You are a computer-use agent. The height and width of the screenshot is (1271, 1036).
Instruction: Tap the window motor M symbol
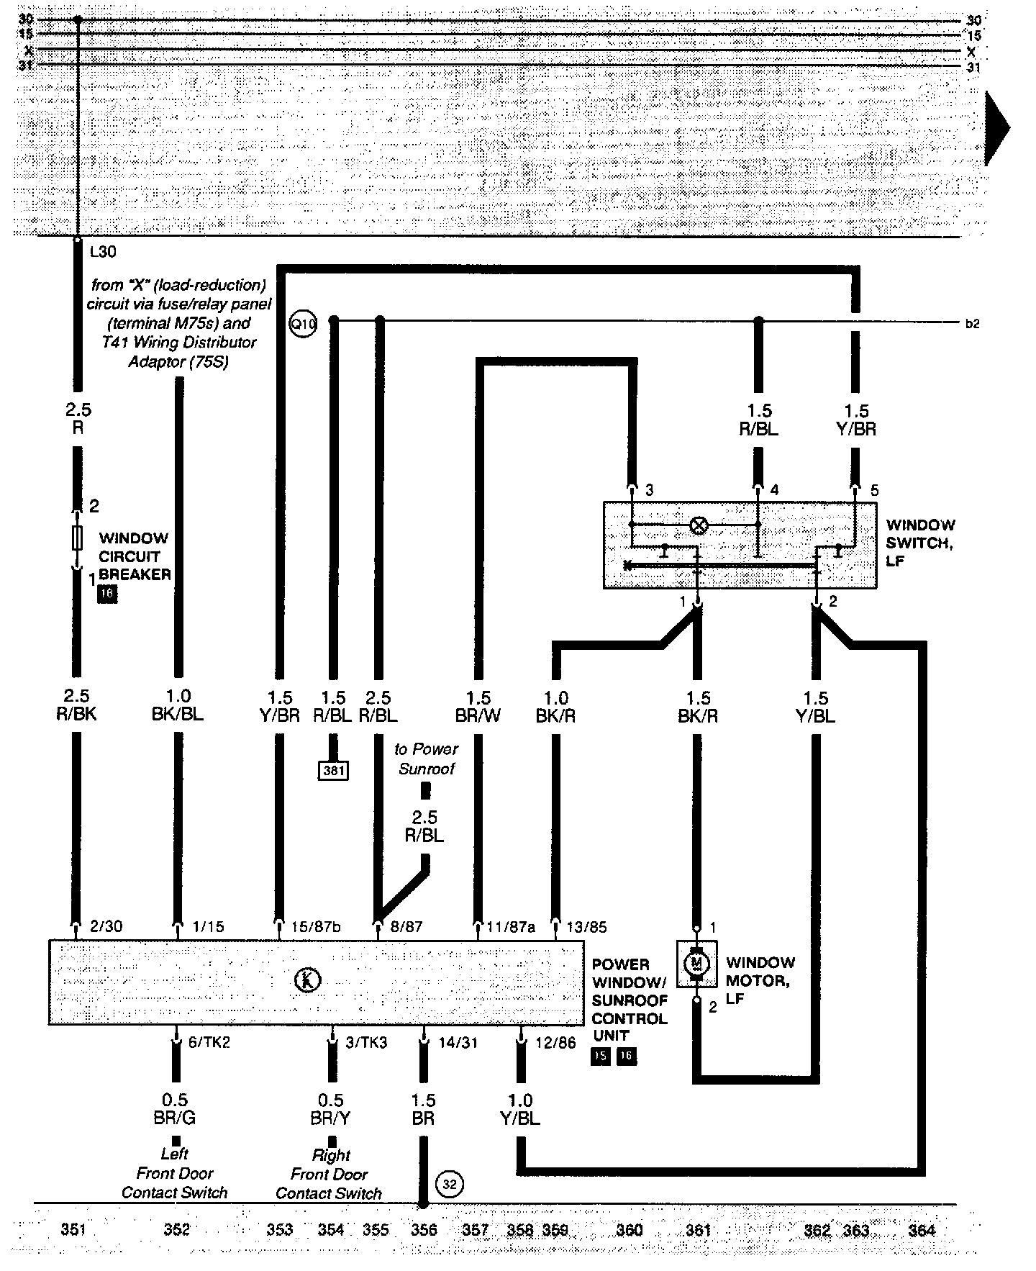[x=696, y=963]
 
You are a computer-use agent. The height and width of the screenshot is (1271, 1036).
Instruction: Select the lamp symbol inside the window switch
[x=698, y=525]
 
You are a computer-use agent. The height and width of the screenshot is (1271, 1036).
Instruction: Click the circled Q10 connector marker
[x=303, y=325]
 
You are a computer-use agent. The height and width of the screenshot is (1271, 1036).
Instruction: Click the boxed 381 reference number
[x=333, y=771]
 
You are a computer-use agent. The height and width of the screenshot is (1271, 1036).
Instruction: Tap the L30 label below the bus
[x=103, y=253]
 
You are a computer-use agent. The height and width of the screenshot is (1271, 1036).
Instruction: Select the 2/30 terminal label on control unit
[x=106, y=926]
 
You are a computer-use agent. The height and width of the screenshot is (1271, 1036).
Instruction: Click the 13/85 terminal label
[x=586, y=927]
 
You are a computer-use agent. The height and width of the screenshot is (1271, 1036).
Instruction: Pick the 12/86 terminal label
[x=555, y=1042]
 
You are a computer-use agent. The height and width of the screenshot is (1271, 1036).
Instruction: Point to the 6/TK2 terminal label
[x=209, y=1042]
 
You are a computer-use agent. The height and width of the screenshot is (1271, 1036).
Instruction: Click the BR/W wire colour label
[x=478, y=716]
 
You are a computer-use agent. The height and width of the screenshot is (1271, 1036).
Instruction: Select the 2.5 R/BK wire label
[x=76, y=706]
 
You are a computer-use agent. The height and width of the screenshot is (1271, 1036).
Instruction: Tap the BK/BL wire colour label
[x=178, y=715]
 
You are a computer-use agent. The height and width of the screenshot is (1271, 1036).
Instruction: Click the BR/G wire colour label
[x=175, y=1118]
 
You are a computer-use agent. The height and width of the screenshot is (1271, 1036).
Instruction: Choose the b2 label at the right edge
[x=972, y=325]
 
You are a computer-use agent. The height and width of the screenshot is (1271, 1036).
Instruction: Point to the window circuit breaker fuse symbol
[x=77, y=538]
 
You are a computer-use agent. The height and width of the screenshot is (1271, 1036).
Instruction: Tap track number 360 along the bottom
[x=630, y=1230]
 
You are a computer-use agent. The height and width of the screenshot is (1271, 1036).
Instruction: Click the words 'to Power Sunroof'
[x=426, y=759]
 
